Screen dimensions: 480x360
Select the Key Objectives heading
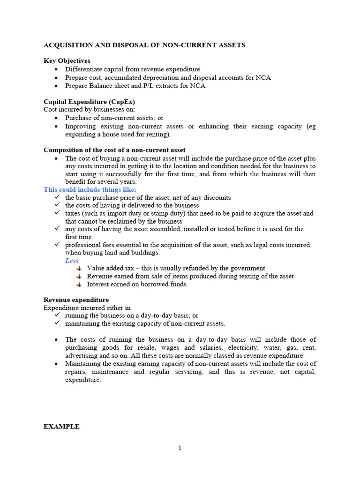pos(67,61)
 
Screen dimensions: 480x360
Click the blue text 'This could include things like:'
pos(90,189)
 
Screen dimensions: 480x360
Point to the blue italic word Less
pos(72,261)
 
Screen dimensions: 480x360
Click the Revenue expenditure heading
pos(76,300)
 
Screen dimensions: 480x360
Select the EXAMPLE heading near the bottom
pos(61,427)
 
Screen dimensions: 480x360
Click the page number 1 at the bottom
pos(180,448)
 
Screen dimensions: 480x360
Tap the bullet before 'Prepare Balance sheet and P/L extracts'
pos(57,86)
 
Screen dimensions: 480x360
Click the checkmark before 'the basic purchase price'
pos(57,198)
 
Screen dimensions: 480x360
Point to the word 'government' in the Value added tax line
pos(247,269)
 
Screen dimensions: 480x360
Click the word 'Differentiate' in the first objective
pos(83,69)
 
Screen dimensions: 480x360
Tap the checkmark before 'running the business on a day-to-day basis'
pos(57,316)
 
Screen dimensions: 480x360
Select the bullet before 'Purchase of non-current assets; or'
pos(57,118)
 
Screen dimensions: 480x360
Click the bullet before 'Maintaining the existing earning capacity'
pos(57,364)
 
